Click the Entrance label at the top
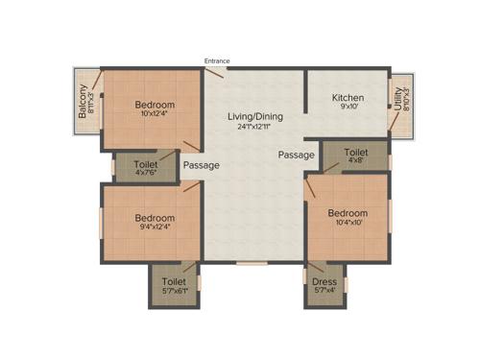[217, 61]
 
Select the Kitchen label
[348, 98]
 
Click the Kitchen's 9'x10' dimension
[348, 108]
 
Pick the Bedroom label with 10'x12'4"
[154, 105]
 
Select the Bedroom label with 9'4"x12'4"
[154, 218]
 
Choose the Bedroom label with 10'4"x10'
[348, 212]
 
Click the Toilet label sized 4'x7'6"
[146, 164]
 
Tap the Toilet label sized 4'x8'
[356, 152]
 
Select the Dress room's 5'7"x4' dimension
[324, 290]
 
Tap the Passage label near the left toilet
[202, 165]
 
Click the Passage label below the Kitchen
[296, 154]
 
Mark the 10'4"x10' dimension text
[348, 222]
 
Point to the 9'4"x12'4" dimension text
[154, 228]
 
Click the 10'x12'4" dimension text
[154, 114]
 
